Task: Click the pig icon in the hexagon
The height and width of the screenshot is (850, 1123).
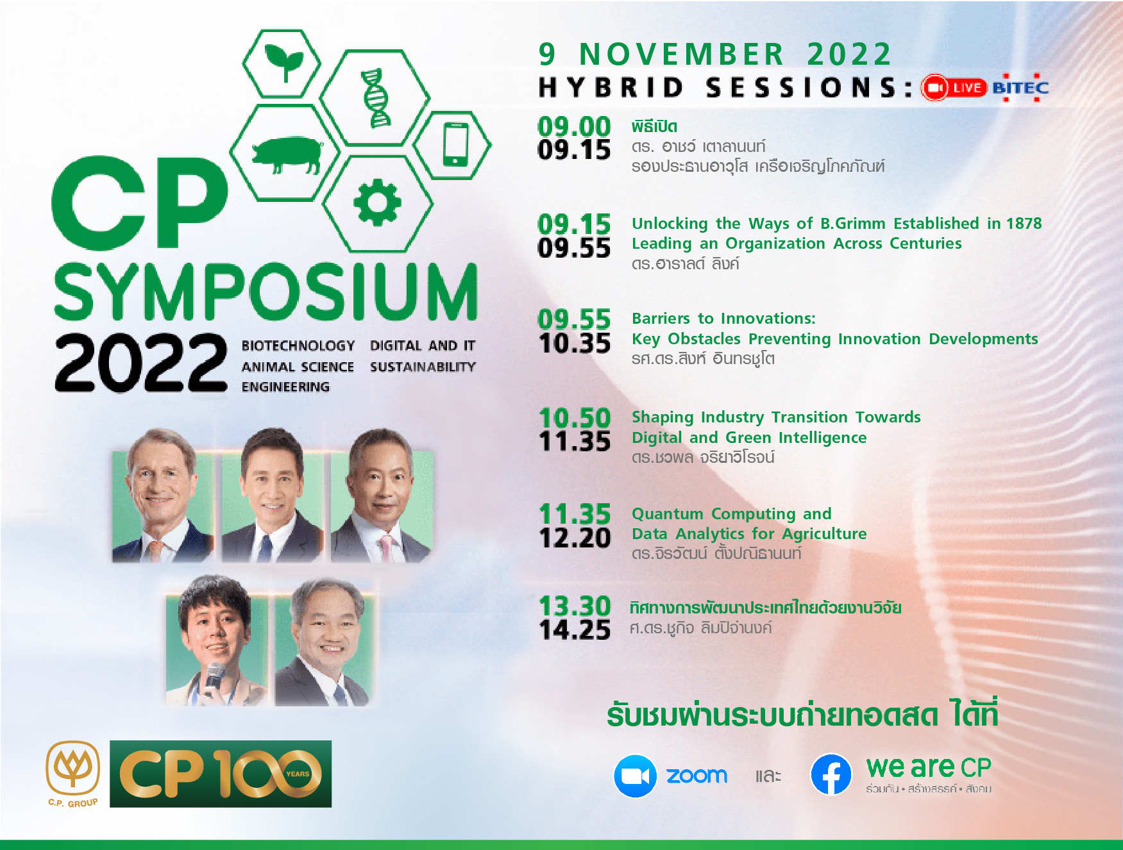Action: pyautogui.click(x=286, y=154)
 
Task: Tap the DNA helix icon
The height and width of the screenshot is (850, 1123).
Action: pyautogui.click(x=376, y=97)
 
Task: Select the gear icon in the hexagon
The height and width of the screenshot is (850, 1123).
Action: pyautogui.click(x=377, y=203)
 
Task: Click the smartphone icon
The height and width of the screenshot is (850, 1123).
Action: pyautogui.click(x=455, y=144)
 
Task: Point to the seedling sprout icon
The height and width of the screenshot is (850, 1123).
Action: pyautogui.click(x=283, y=62)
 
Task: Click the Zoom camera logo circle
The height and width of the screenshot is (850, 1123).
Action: pyautogui.click(x=635, y=776)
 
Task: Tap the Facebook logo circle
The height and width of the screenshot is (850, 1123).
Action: pyautogui.click(x=831, y=774)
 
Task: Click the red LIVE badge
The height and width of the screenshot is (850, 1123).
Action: pyautogui.click(x=954, y=88)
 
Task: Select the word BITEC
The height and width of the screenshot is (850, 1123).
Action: pyautogui.click(x=1020, y=88)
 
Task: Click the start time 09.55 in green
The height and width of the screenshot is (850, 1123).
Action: pyautogui.click(x=574, y=319)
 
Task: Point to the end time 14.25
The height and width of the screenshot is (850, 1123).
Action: pyautogui.click(x=575, y=630)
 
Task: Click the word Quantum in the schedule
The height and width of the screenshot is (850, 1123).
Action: pyautogui.click(x=668, y=514)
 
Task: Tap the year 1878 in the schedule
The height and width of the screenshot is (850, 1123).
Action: pyautogui.click(x=1024, y=223)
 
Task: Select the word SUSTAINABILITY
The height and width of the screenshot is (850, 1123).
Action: pyautogui.click(x=423, y=367)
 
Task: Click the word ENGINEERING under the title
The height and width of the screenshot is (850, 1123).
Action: pyautogui.click(x=285, y=387)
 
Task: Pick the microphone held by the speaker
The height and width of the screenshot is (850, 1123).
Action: pyautogui.click(x=212, y=678)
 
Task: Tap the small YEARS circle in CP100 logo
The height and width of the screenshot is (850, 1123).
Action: pyautogui.click(x=298, y=774)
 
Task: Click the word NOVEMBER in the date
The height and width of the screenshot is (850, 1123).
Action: pyautogui.click(x=682, y=54)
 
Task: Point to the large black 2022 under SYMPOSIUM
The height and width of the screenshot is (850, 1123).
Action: pyautogui.click(x=141, y=363)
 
